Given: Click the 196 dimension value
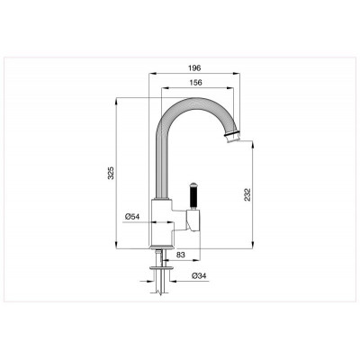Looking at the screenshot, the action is click(194, 67).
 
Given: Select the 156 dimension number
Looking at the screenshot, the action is click(196, 83).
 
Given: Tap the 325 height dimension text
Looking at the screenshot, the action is click(111, 173).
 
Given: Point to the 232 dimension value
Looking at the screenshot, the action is click(247, 195).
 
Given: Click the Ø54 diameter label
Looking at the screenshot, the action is click(132, 216).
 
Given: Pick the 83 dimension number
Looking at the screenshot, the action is click(180, 255).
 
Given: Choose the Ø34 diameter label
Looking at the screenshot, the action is click(200, 276).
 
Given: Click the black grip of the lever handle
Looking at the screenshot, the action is click(193, 197).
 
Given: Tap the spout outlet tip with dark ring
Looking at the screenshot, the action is click(232, 137).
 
